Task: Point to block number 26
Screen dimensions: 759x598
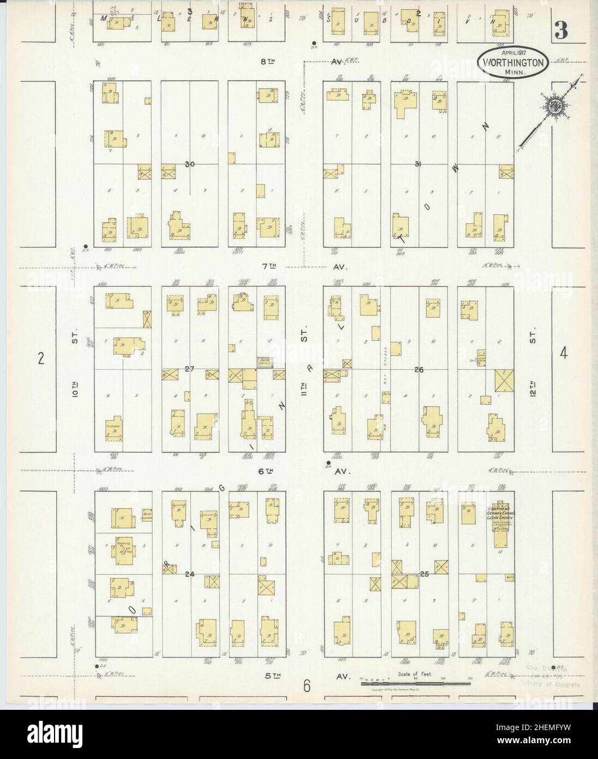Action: pyautogui.click(x=419, y=370)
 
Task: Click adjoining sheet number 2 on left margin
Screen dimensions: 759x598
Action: pyautogui.click(x=40, y=358)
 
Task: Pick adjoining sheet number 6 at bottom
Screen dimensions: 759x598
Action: pyautogui.click(x=307, y=685)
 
